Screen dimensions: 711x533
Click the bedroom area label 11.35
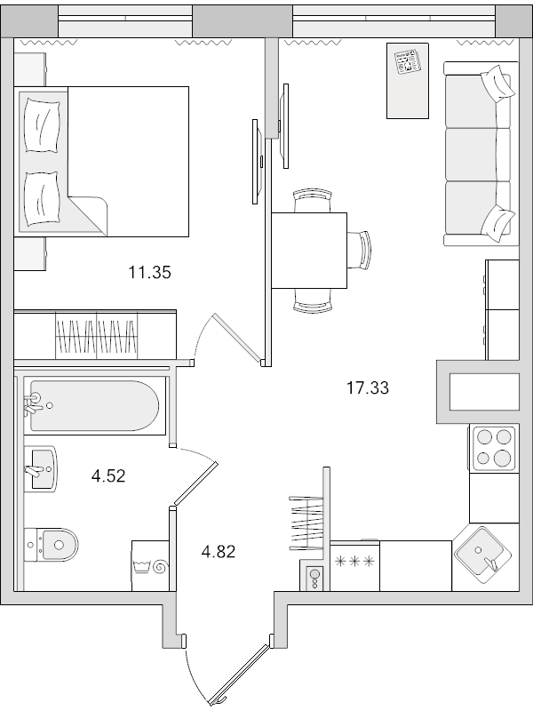(x=149, y=273)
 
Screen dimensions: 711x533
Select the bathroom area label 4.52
(x=108, y=475)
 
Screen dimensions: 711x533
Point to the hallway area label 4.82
(x=218, y=551)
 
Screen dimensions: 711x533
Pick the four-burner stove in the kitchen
(x=493, y=447)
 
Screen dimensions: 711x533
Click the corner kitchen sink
(x=484, y=554)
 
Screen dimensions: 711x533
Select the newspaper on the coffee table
(x=409, y=64)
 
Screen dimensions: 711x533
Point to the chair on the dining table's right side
(x=361, y=249)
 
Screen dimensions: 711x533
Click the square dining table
(x=309, y=251)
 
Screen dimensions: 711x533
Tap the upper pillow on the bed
(x=42, y=128)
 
